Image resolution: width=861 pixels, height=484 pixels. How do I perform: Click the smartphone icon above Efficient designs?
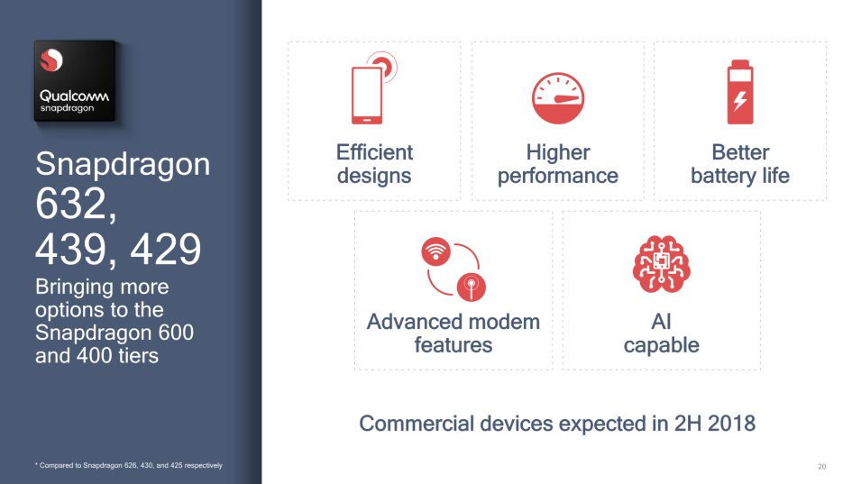(367, 95)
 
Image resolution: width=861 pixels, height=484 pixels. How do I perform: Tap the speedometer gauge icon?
(558, 98)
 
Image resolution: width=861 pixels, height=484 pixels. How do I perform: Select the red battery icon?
(740, 92)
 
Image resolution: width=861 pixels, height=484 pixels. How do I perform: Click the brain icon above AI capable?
(661, 264)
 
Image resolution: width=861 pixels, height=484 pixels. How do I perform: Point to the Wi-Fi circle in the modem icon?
(436, 251)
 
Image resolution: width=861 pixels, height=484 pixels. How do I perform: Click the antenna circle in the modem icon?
(472, 287)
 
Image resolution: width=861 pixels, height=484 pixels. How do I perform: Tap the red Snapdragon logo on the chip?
(51, 60)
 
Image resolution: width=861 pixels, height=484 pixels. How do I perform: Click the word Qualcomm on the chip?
(74, 96)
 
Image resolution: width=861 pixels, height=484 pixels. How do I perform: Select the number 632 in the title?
(70, 204)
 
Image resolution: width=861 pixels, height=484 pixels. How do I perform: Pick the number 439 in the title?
(70, 249)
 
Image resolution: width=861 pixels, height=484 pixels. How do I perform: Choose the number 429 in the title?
(166, 249)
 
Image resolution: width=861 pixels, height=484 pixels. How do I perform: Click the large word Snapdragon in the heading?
(123, 165)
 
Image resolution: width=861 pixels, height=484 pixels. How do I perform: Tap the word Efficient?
(374, 152)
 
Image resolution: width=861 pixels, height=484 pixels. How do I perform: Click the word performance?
(558, 176)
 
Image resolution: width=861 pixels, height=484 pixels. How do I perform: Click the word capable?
(661, 346)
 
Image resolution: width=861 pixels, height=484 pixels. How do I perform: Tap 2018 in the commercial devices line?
(731, 424)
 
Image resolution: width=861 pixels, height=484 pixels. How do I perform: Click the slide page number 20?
(821, 467)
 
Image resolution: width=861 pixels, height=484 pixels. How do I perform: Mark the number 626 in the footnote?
(130, 465)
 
